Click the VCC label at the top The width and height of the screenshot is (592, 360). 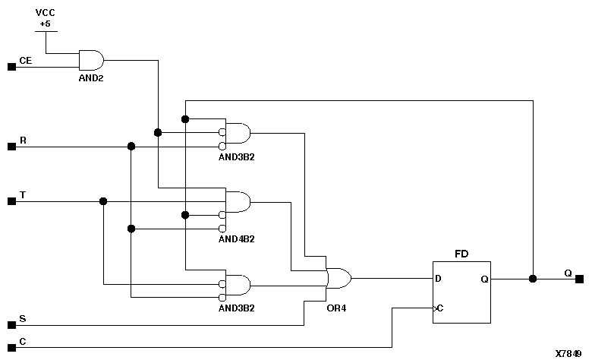click(x=46, y=13)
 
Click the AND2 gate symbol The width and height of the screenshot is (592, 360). click(x=90, y=59)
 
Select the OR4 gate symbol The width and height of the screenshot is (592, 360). click(x=338, y=278)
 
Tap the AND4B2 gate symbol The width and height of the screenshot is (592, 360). click(x=238, y=202)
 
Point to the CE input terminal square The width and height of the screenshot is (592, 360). click(x=11, y=67)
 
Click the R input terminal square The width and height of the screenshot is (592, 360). click(x=11, y=147)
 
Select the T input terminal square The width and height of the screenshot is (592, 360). click(x=11, y=201)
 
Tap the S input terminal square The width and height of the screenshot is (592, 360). click(x=11, y=325)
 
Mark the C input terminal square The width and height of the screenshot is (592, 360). click(x=11, y=347)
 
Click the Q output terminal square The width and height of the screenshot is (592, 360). click(x=579, y=279)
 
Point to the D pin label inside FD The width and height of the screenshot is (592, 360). click(x=439, y=279)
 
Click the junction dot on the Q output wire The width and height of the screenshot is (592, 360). click(x=533, y=279)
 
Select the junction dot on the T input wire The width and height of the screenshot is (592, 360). click(x=103, y=201)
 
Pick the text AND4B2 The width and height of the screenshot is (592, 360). click(x=236, y=238)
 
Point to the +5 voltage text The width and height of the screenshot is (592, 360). click(x=46, y=24)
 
